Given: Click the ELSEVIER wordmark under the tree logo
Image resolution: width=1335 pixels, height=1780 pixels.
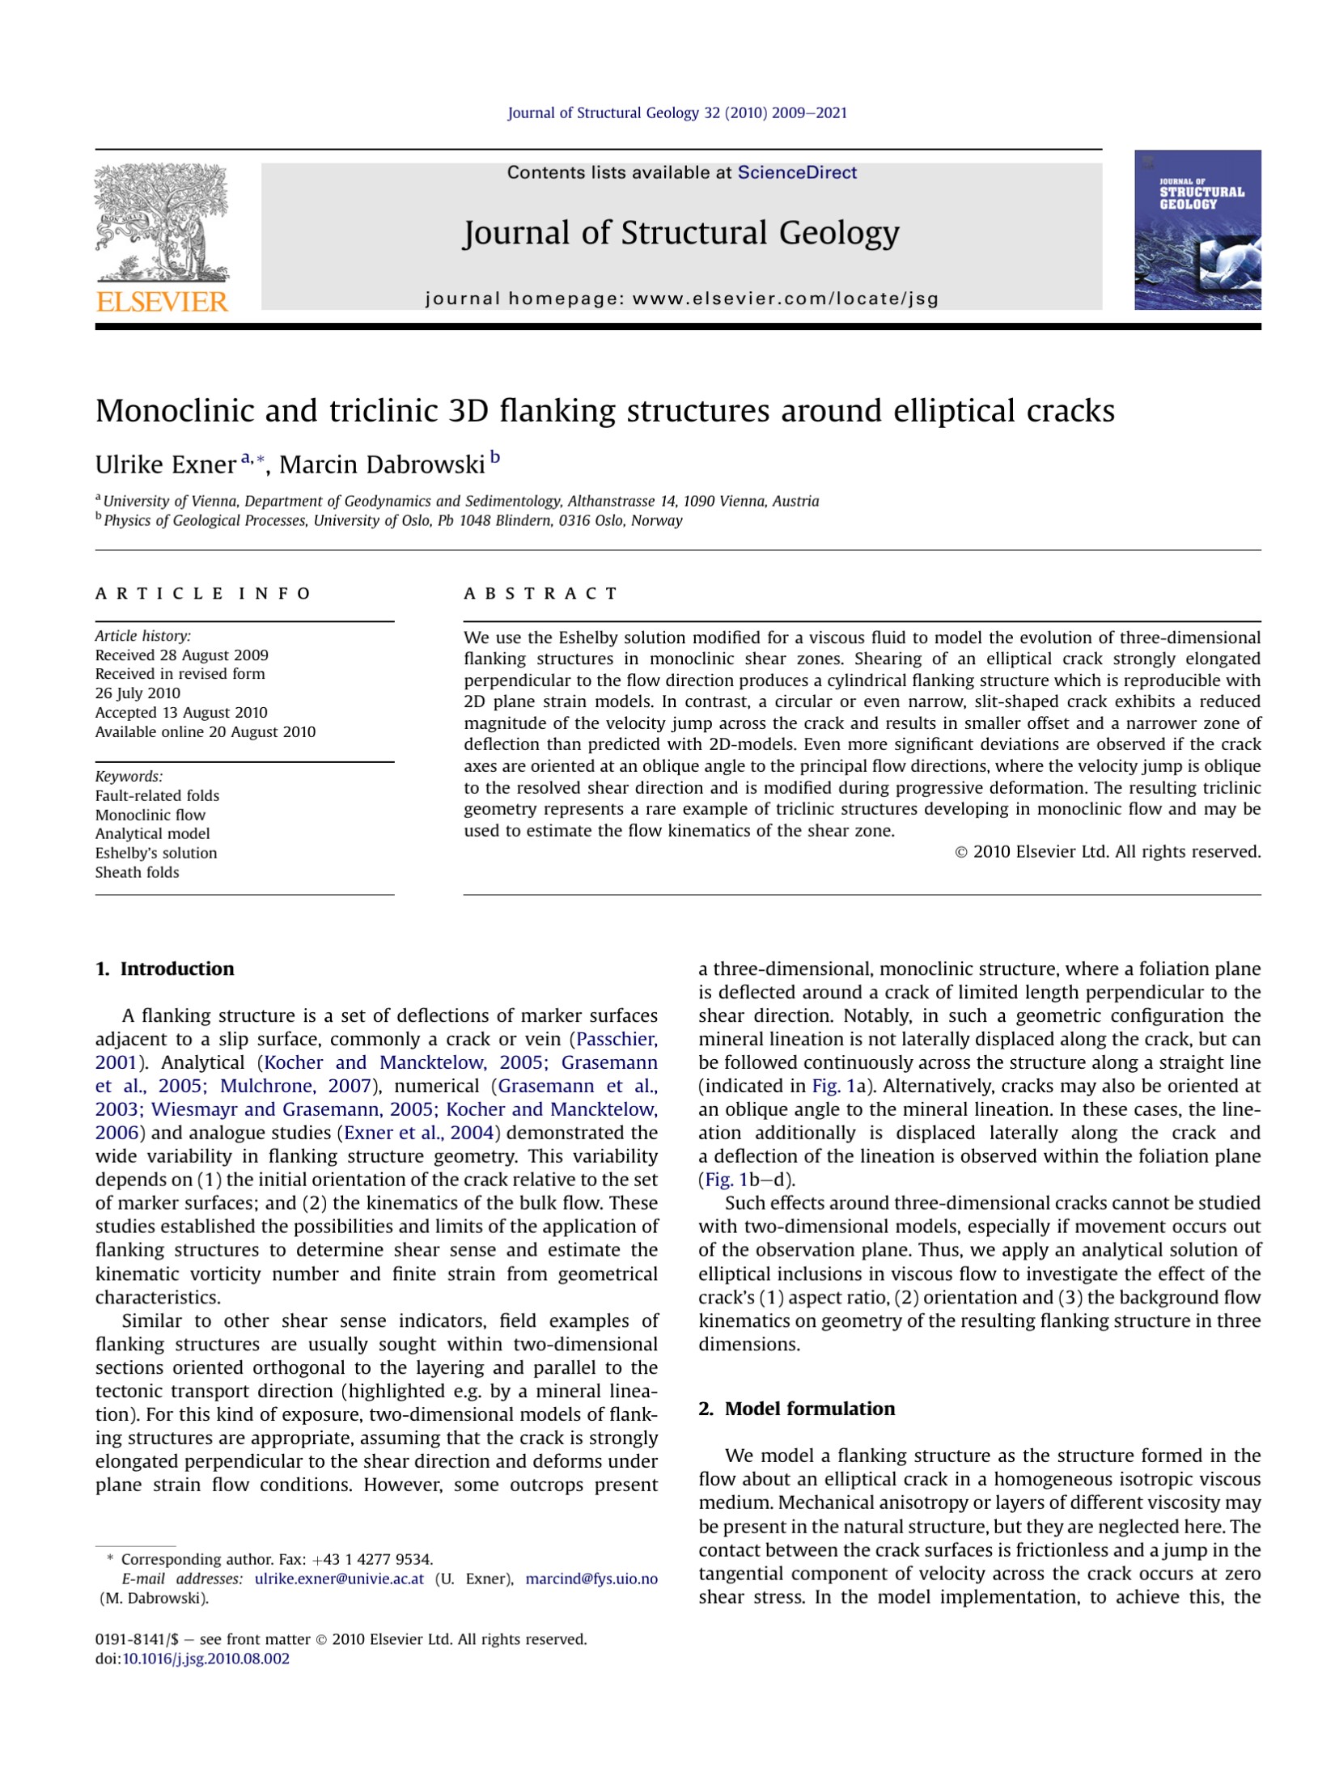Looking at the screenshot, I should point(162,302).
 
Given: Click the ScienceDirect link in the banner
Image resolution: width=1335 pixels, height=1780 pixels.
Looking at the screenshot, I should point(796,172).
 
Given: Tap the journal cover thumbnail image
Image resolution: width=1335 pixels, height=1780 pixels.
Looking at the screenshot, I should point(1197,230).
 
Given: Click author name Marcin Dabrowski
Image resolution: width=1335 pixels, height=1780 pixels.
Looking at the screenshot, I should point(382,464).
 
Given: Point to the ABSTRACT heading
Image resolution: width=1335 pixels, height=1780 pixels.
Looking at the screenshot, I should point(540,594).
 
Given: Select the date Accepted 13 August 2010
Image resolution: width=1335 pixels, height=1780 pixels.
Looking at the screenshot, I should point(181,713).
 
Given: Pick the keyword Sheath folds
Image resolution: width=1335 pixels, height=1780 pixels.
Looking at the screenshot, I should point(137,872).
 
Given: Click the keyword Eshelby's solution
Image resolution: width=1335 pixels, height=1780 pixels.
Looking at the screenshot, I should point(156,853).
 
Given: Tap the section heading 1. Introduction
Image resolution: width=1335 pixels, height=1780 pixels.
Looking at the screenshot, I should point(164,968).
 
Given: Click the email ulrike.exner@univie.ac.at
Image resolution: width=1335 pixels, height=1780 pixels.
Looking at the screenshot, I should point(339,1579).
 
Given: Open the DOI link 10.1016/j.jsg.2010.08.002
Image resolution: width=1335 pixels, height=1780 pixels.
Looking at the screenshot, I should point(206,1659).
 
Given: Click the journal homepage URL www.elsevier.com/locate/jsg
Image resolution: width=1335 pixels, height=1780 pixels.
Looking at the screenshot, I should point(785,299).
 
